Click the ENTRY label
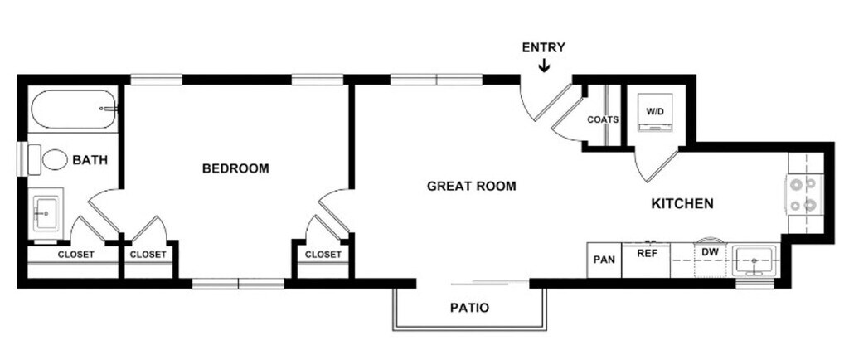click(543, 47)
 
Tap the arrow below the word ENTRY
click(544, 66)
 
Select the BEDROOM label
click(235, 168)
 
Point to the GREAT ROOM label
click(471, 186)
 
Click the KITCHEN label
click(682, 203)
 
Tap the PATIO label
click(469, 308)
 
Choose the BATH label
click(90, 160)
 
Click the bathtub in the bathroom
click(72, 109)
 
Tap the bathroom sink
click(46, 212)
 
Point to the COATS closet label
click(603, 119)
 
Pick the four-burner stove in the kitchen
click(804, 194)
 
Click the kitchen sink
click(754, 260)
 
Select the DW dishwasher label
click(710, 251)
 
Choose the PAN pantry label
click(604, 260)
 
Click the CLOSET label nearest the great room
click(323, 254)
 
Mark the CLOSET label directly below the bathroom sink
click(75, 254)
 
